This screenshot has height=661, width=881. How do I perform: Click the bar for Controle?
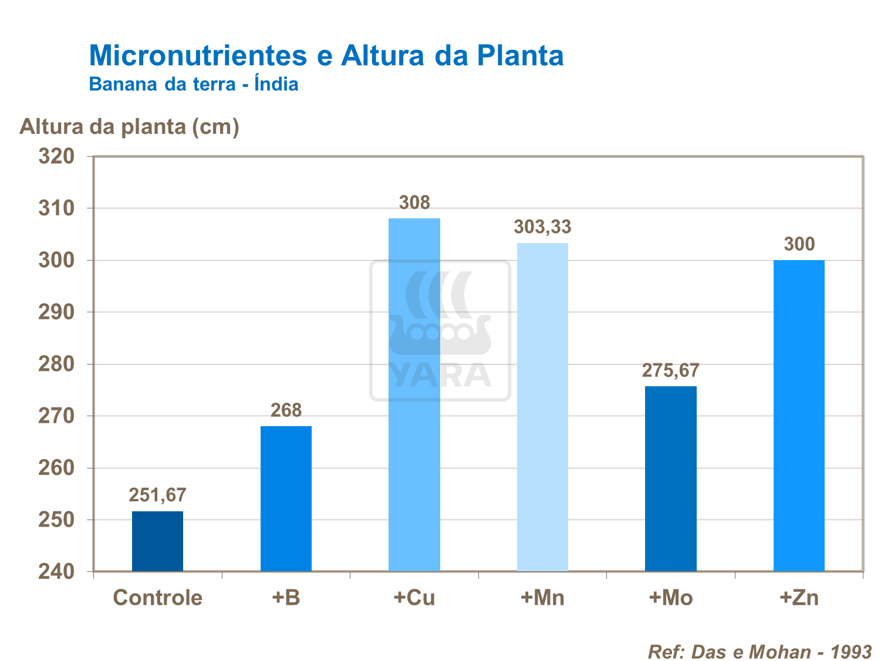pos(157,541)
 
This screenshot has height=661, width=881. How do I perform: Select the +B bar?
pos(286,498)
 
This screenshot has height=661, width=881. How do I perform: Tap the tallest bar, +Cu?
pos(414,394)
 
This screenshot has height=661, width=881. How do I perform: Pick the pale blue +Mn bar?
pos(542,407)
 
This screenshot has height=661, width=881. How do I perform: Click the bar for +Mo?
pos(670,478)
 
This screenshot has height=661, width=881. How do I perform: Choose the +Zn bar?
pos(799,416)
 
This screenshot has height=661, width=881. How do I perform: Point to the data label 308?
pos(414,203)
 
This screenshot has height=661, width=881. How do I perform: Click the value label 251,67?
pos(157,495)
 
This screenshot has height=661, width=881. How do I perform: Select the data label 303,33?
pos(542,227)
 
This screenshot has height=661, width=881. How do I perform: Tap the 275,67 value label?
pos(670,370)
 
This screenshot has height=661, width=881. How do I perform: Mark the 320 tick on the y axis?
pos(56,157)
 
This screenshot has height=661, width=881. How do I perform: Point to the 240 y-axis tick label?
pos(56,572)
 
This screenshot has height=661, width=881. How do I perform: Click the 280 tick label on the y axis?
pos(56,365)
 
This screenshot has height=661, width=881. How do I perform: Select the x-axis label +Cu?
pos(414,598)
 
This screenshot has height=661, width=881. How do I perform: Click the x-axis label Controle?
pos(157,598)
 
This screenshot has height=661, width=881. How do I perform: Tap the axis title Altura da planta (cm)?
pos(129,126)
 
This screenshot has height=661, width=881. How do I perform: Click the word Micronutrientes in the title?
pos(198,56)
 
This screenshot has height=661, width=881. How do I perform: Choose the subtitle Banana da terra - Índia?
pos(194,85)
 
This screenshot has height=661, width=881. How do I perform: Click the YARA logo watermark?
pos(440,330)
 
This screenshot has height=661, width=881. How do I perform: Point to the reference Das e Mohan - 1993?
pos(760,652)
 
